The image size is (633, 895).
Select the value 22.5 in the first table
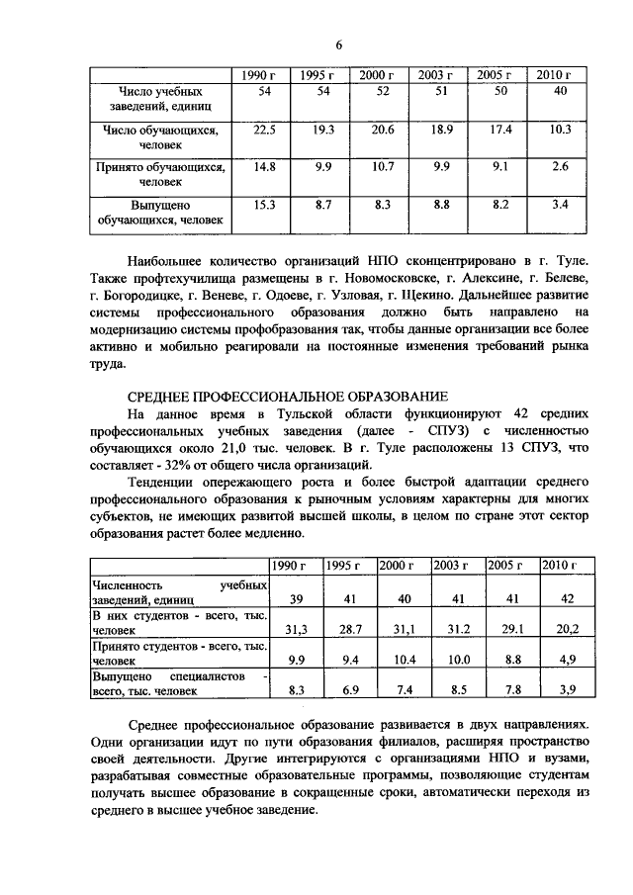(x=264, y=130)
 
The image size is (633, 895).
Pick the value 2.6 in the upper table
(x=560, y=167)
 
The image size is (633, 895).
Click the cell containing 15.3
(x=264, y=205)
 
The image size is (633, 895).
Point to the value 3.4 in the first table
(x=560, y=205)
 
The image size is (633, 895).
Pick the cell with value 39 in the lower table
(x=296, y=599)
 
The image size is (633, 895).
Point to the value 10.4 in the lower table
(x=404, y=657)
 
